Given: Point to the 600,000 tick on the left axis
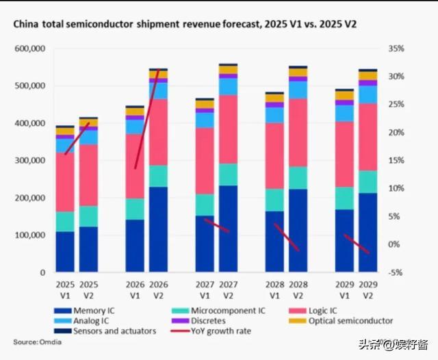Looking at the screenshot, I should click(x=31, y=49).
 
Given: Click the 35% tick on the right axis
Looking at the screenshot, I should click(x=395, y=49).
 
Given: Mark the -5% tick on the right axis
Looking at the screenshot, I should click(x=395, y=272).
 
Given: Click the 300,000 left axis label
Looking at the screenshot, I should click(x=31, y=161).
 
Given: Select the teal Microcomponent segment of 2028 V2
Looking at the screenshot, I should click(x=298, y=177).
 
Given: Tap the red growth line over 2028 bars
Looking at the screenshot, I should click(x=286, y=237).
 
